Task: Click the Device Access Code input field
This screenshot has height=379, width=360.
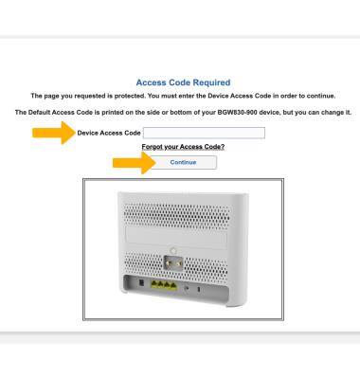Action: (x=204, y=133)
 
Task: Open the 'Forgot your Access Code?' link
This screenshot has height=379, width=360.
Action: (x=183, y=147)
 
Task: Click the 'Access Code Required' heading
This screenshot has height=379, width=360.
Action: (x=183, y=82)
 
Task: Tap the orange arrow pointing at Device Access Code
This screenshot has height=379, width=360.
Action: (x=54, y=133)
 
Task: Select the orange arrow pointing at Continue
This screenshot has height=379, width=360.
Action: (x=135, y=163)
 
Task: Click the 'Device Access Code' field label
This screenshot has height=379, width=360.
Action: (x=109, y=133)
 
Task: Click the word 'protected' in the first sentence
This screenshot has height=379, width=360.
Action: (x=130, y=96)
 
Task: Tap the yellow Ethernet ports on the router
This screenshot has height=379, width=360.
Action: (x=164, y=285)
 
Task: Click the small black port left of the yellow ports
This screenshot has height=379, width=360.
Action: (x=141, y=282)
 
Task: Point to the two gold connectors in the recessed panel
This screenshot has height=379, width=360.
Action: (x=173, y=262)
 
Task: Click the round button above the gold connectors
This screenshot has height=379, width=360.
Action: (x=172, y=251)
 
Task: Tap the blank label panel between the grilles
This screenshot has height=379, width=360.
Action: (x=176, y=238)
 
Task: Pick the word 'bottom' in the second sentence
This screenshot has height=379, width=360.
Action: (x=180, y=113)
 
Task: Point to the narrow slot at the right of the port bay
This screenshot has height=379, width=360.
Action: (x=199, y=289)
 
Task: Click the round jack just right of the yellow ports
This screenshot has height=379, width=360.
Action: (x=187, y=288)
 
